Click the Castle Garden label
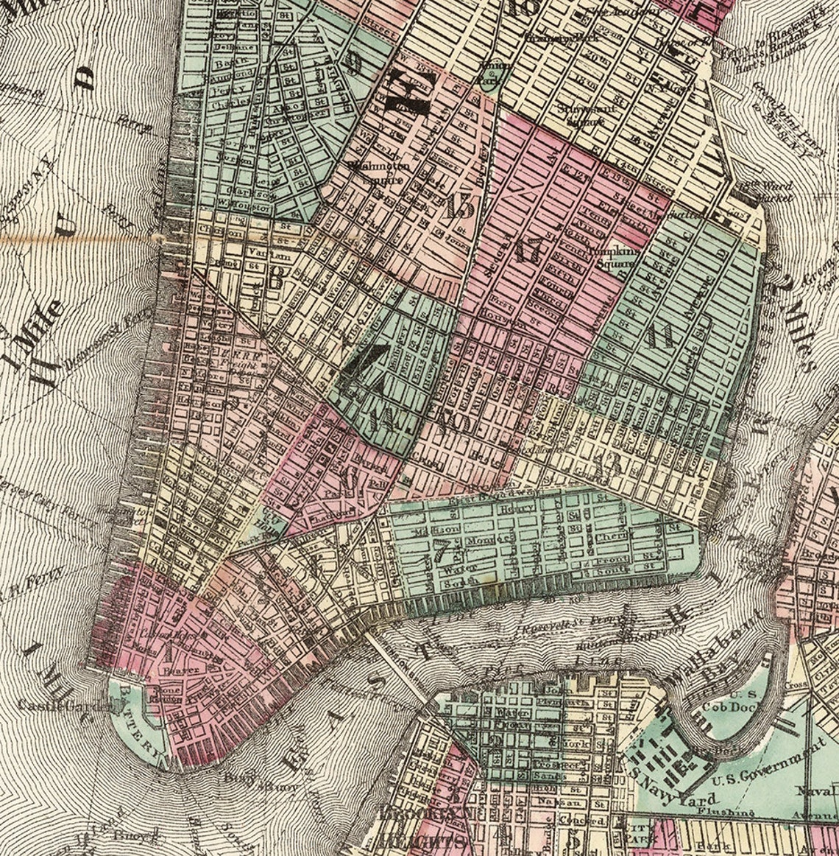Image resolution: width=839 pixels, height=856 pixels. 68,705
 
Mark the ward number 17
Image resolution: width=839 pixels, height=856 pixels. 528,250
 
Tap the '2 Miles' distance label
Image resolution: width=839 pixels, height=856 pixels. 795,324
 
